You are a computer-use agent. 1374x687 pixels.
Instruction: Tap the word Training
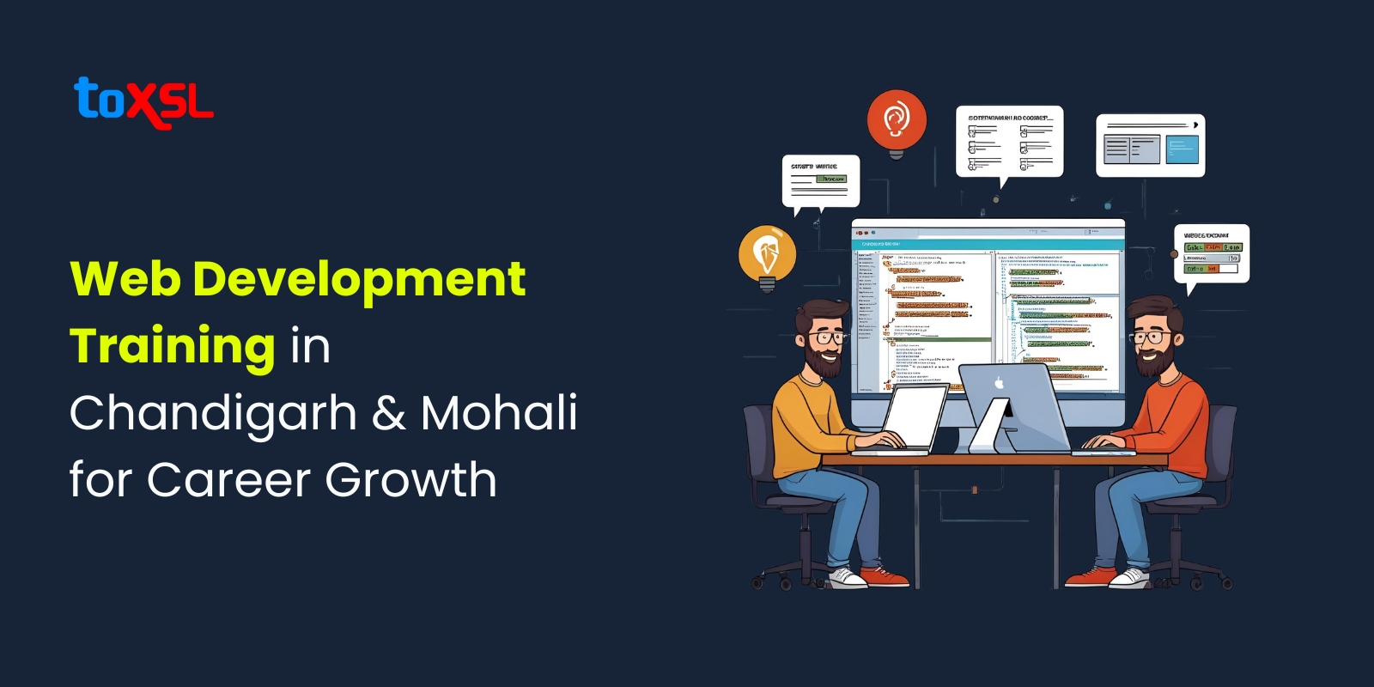point(173,346)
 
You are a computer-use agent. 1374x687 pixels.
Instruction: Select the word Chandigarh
point(213,413)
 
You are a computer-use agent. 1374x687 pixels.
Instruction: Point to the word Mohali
point(499,413)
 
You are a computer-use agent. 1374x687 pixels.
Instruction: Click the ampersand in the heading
point(389,413)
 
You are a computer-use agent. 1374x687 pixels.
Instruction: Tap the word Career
point(228,479)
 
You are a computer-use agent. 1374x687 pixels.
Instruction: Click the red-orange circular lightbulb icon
point(897,119)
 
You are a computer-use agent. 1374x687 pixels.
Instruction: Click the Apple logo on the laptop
point(999,383)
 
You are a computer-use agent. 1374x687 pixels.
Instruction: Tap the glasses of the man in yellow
point(828,337)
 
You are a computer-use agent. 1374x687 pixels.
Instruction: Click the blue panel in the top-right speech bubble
point(1182,149)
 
